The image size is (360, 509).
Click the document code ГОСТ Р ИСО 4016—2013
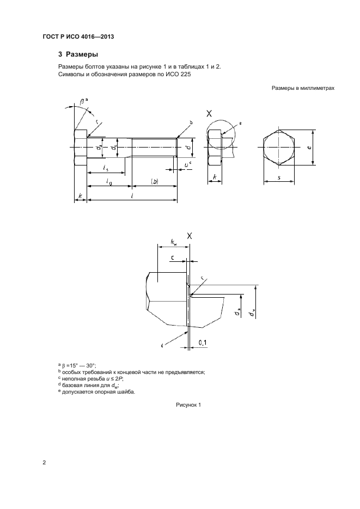[x=78, y=36]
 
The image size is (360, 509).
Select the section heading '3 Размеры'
[x=78, y=54]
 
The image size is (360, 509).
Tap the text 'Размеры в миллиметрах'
[x=303, y=88]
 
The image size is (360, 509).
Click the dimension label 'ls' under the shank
[x=106, y=168]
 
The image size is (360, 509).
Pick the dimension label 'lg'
[x=109, y=182]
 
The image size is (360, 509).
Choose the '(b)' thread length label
[x=155, y=182]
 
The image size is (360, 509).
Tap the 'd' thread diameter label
[x=187, y=148]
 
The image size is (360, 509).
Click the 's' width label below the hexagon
[x=279, y=177]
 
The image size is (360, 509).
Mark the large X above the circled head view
[x=209, y=114]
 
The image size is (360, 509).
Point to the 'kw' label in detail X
[x=174, y=242]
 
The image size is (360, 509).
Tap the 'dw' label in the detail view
[x=251, y=314]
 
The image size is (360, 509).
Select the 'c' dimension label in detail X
[x=173, y=257]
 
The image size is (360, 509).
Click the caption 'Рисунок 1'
[x=188, y=405]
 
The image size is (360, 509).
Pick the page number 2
[x=44, y=462]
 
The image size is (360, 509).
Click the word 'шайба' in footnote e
[x=126, y=392]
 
